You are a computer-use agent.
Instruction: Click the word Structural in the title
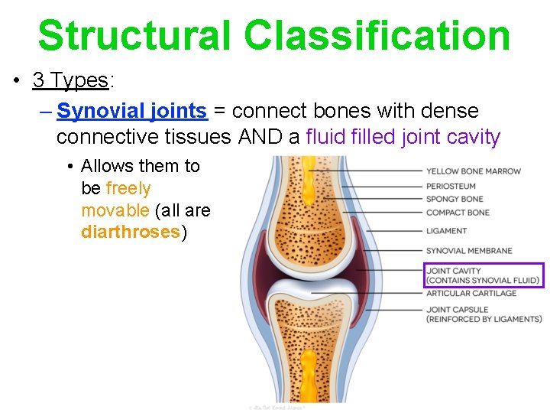[134, 35]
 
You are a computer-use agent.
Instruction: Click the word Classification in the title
[377, 35]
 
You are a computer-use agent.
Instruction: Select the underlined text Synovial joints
[132, 112]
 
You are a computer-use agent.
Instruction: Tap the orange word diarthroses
[130, 233]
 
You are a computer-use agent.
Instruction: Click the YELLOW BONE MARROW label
[473, 171]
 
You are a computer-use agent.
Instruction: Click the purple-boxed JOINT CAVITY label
[483, 275]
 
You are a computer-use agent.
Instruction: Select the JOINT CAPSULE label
[484, 314]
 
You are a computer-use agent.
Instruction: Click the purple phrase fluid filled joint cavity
[403, 138]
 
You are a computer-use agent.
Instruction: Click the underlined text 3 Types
[70, 80]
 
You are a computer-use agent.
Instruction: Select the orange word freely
[128, 188]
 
